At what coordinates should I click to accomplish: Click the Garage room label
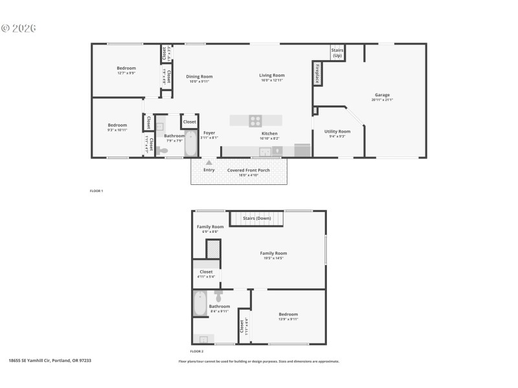(x=382, y=95)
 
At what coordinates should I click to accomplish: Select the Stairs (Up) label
(x=337, y=52)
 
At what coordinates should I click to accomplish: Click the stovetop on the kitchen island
(x=255, y=120)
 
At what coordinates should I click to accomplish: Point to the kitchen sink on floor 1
(x=265, y=151)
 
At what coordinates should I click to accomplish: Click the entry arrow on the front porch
(x=209, y=164)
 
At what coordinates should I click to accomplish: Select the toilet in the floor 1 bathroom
(x=163, y=150)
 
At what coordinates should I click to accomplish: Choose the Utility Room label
(x=337, y=131)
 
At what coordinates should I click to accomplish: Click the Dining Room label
(x=200, y=76)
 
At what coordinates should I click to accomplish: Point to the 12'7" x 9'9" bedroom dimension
(x=126, y=73)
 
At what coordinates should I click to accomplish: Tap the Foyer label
(x=209, y=133)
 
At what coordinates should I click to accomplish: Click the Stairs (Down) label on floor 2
(x=257, y=219)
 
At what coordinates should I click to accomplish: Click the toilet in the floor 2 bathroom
(x=219, y=296)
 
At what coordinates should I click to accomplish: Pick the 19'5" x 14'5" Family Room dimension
(x=273, y=258)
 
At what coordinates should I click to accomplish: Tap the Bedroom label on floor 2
(x=289, y=314)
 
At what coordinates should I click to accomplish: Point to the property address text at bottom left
(x=50, y=360)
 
